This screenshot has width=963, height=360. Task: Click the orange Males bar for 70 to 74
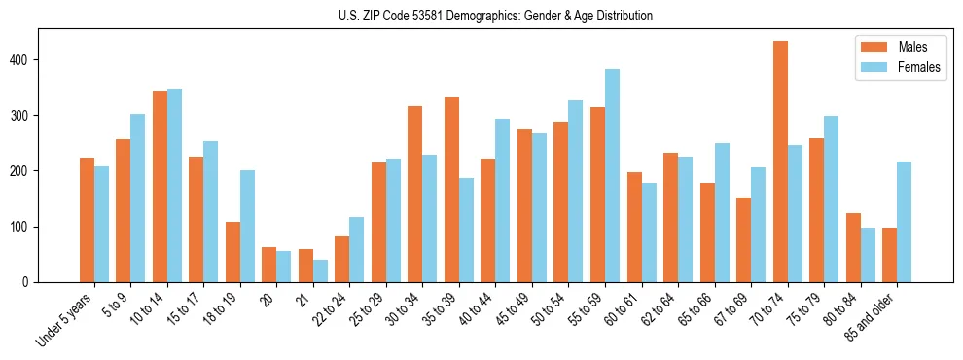(780, 162)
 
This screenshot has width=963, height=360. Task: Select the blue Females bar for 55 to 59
(612, 175)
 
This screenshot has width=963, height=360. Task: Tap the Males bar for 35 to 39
(451, 190)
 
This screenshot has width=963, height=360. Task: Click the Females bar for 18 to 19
(247, 226)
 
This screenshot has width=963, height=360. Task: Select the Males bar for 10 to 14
(160, 212)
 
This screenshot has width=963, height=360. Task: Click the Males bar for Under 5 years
(87, 220)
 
